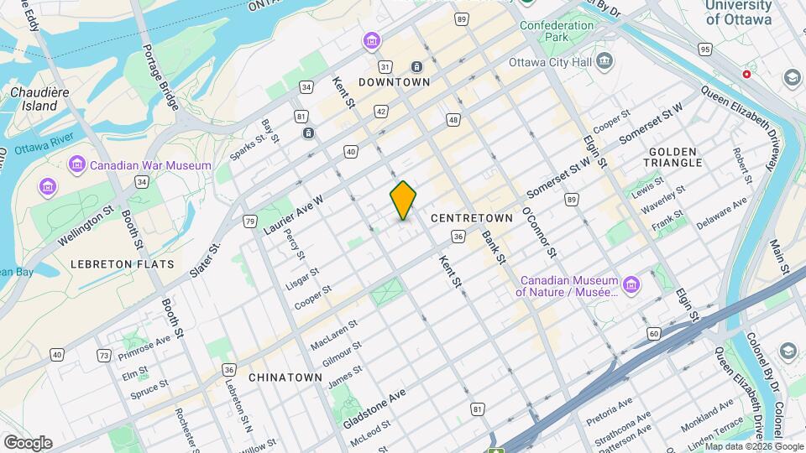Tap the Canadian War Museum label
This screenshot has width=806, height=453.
coord(151,165)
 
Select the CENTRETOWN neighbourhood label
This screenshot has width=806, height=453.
coord(471,218)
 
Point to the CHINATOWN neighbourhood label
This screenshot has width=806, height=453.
coord(285,377)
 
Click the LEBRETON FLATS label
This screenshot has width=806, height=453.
coord(123,264)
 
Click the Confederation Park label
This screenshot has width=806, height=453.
coord(557,32)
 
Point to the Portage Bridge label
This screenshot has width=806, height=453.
coord(160,78)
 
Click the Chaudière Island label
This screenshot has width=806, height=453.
coord(34,99)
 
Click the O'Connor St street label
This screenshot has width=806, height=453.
coord(540,232)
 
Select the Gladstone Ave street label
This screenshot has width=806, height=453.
coord(374,409)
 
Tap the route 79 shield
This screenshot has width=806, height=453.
coord(249,221)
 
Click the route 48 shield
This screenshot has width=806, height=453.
coord(453,120)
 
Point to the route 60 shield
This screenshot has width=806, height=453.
coord(654,335)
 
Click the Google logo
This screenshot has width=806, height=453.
coord(28,442)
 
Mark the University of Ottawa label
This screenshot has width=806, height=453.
coord(739,13)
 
